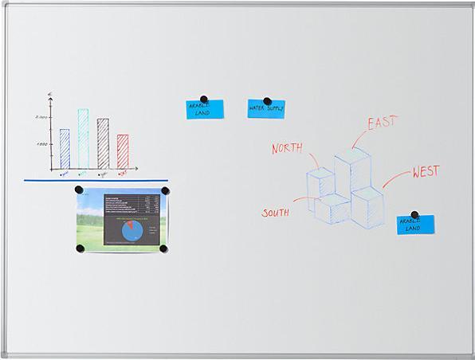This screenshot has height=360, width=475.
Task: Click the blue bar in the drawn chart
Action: (65, 149)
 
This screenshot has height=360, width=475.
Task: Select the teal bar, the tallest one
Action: (83, 139)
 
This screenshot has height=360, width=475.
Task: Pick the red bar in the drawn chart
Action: (123, 151)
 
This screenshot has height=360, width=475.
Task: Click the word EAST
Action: (382, 123)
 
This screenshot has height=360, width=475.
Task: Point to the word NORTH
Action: (288, 148)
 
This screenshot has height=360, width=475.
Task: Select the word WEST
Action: (426, 172)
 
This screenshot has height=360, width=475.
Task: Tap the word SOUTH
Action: (276, 213)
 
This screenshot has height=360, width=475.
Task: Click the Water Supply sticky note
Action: (265, 109)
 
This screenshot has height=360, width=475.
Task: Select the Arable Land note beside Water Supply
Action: (205, 110)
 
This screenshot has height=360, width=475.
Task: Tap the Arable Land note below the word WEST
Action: (415, 225)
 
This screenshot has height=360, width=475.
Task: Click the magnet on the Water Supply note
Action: (267, 102)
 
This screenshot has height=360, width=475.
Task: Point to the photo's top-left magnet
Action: (79, 190)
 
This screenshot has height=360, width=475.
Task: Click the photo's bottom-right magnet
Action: (163, 248)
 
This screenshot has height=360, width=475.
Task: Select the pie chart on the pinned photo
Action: (133, 231)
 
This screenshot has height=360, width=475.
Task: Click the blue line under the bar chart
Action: (96, 180)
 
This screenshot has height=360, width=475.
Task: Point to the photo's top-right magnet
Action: (165, 191)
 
